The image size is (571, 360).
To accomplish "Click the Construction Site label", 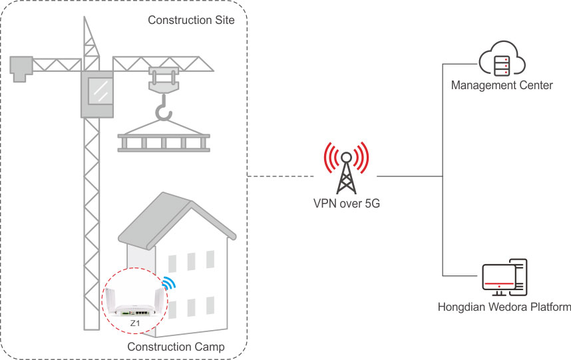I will (191, 20).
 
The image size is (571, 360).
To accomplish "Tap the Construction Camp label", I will (176, 347).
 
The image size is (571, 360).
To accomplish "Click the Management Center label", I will (502, 85).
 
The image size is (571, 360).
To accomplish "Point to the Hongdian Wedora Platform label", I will (504, 307).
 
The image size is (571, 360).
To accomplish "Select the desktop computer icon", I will (504, 278).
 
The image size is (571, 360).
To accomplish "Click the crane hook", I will (163, 110).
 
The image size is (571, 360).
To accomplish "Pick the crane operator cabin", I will (97, 93).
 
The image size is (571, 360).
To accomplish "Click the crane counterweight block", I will (22, 67).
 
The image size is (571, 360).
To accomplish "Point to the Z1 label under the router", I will (135, 323).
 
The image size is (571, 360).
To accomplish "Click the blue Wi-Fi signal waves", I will (170, 283).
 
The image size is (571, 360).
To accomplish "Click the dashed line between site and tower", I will (280, 176).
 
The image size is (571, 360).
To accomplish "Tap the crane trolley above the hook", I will (163, 78).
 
